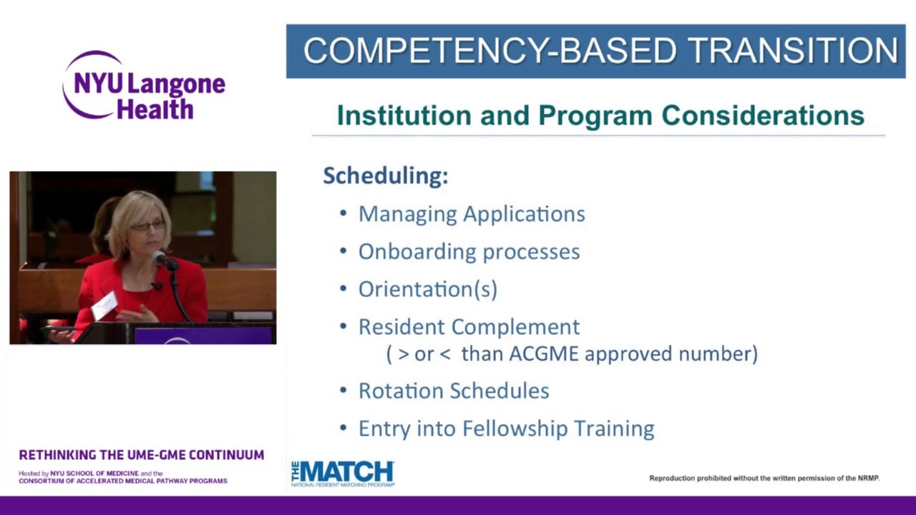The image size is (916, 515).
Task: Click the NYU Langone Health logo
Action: pos(143,86)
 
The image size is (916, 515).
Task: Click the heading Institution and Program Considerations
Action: pos(600,115)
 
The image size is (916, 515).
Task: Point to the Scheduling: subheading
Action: pos(385,175)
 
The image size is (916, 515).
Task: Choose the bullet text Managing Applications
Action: pos(472,214)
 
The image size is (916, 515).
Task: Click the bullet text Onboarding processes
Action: pos(469,252)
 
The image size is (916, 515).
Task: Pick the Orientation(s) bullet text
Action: pos(427,289)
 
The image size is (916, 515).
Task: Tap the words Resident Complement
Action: pos(469,327)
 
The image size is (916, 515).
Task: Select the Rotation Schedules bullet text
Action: pos(454,391)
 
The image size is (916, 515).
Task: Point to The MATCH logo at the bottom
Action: pos(342,473)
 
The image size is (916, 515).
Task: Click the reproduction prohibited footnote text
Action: pos(764,478)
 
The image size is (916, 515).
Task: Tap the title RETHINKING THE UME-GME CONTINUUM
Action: pos(142,455)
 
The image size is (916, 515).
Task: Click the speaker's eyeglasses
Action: pos(147,226)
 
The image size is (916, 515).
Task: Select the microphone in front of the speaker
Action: pos(162,259)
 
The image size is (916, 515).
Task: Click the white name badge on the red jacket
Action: pos(104,305)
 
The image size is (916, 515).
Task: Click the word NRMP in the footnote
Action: pos(865,478)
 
